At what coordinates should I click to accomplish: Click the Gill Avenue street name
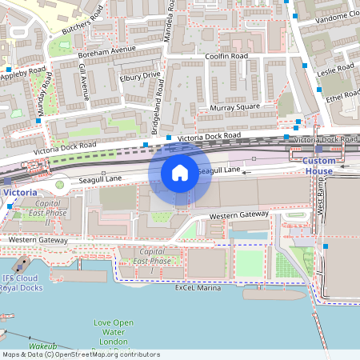83,85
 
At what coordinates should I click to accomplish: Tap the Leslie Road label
335,70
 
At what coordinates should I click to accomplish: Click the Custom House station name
318,166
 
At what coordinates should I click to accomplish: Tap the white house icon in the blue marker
180,172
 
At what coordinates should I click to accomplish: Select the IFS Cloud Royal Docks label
21,282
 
